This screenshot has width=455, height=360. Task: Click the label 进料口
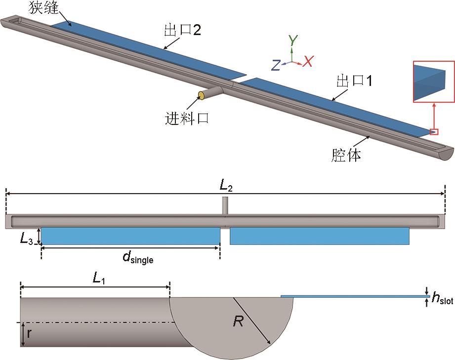click(187, 118)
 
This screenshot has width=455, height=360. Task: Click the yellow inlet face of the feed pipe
click(202, 95)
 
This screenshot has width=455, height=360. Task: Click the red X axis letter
click(308, 62)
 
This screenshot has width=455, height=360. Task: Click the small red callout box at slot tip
click(434, 131)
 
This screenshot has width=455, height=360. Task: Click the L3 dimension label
click(27, 240)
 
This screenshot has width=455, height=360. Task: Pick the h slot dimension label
click(443, 298)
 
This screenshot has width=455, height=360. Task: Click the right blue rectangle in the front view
click(320, 236)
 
